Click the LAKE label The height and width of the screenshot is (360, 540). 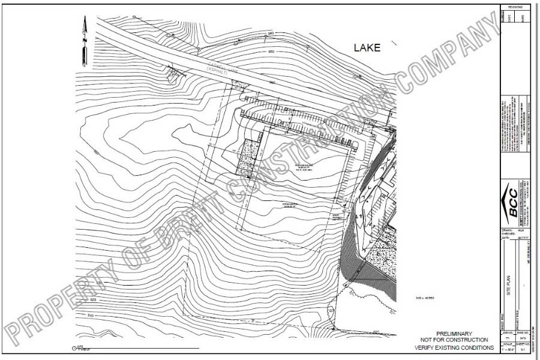coord(367,48)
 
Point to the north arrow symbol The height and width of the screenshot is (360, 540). coord(85,41)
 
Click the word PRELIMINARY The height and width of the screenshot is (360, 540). coord(454,334)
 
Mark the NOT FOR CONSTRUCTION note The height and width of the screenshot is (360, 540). coord(454,341)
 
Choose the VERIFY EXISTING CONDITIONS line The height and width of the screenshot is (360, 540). coord(457,347)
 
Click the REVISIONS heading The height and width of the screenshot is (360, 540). coord(515,7)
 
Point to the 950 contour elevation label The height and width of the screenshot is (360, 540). coord(272,52)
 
